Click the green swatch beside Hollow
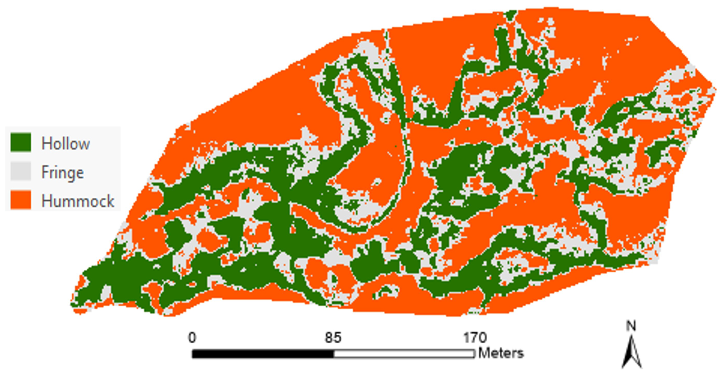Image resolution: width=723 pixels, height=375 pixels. tap(21, 142)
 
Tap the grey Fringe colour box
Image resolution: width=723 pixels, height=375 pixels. tap(21, 171)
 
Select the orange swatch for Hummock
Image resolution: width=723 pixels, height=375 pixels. tap(21, 200)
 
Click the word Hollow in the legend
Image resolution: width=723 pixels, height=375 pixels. tap(66, 144)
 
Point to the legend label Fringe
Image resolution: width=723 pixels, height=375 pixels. tap(63, 172)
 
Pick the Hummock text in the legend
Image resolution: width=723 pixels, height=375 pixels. tap(78, 201)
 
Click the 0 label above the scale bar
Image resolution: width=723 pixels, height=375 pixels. tap(192, 338)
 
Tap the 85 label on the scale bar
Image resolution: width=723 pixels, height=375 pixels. tap(333, 338)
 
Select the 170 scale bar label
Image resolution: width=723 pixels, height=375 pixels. tap(475, 338)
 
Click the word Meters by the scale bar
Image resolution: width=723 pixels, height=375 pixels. tap(501, 353)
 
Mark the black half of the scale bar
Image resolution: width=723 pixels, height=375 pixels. tap(263, 354)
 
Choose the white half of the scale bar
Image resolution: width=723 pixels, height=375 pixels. tap(404, 354)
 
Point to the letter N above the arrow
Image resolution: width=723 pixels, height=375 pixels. tap(631, 326)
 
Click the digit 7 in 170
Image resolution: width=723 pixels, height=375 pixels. tap(475, 338)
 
